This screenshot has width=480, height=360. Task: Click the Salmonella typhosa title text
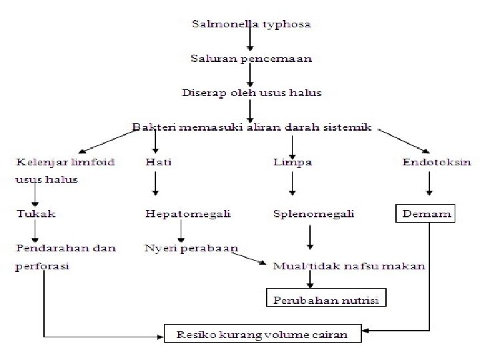click(x=251, y=25)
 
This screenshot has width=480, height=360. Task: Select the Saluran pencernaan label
click(x=251, y=59)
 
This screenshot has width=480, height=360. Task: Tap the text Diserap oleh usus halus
click(x=251, y=93)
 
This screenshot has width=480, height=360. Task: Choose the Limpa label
click(x=292, y=161)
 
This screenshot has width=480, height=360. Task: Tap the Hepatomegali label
click(x=187, y=214)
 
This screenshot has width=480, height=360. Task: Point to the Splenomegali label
click(x=313, y=214)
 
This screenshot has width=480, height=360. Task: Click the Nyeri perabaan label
click(x=191, y=248)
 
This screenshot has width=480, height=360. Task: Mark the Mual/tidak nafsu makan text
click(x=349, y=265)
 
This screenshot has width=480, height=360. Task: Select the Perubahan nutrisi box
click(x=326, y=299)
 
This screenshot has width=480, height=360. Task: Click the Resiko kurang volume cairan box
click(x=263, y=333)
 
